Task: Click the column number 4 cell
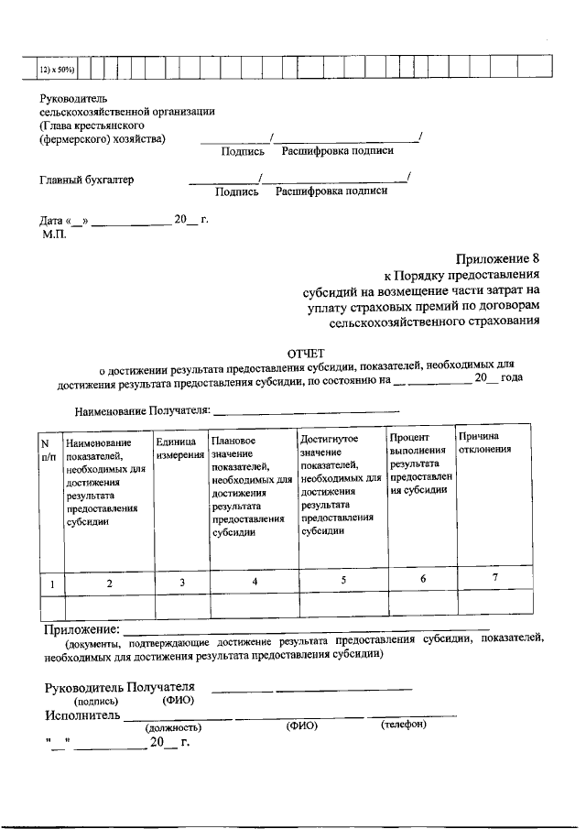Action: pyautogui.click(x=254, y=582)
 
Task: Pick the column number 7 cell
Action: pyautogui.click(x=494, y=578)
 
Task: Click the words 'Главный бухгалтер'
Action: pyautogui.click(x=86, y=180)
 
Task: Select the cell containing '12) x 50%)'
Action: pyautogui.click(x=56, y=69)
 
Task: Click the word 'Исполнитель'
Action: pyautogui.click(x=82, y=714)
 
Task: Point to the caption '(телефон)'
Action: pyautogui.click(x=404, y=725)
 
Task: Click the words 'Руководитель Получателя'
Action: pyautogui.click(x=120, y=688)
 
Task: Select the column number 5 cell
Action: pyautogui.click(x=343, y=580)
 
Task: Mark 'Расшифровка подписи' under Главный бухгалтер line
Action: pyautogui.click(x=331, y=191)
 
